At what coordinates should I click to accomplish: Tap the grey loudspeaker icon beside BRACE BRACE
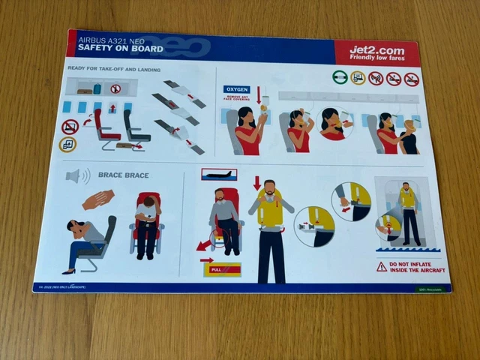tap(76, 176)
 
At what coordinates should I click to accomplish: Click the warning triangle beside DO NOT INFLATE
tap(382, 266)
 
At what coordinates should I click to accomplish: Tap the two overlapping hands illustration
tap(98, 199)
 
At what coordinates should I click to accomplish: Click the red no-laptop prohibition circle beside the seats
tap(70, 127)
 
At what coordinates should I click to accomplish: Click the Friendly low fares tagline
tap(376, 61)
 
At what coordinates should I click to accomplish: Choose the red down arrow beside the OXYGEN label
tap(259, 94)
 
